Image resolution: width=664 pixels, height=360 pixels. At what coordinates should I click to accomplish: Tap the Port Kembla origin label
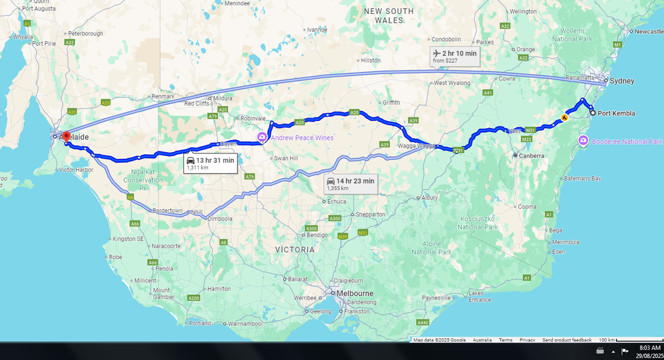(x=616, y=114)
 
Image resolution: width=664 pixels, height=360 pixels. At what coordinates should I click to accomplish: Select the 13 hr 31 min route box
(x=210, y=163)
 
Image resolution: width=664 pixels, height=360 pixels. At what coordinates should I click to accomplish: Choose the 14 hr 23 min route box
(x=350, y=184)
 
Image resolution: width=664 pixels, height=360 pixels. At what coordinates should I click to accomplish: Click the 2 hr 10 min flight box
(x=455, y=56)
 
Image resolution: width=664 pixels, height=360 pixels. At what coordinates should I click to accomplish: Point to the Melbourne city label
(x=356, y=294)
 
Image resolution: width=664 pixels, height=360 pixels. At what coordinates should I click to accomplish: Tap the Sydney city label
(x=622, y=81)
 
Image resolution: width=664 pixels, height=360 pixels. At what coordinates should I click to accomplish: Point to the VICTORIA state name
(x=295, y=250)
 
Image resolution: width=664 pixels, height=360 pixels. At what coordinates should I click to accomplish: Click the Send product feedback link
(x=566, y=340)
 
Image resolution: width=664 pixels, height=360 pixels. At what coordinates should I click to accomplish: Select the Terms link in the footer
(x=506, y=340)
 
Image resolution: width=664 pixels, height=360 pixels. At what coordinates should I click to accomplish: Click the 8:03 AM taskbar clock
(x=649, y=347)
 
